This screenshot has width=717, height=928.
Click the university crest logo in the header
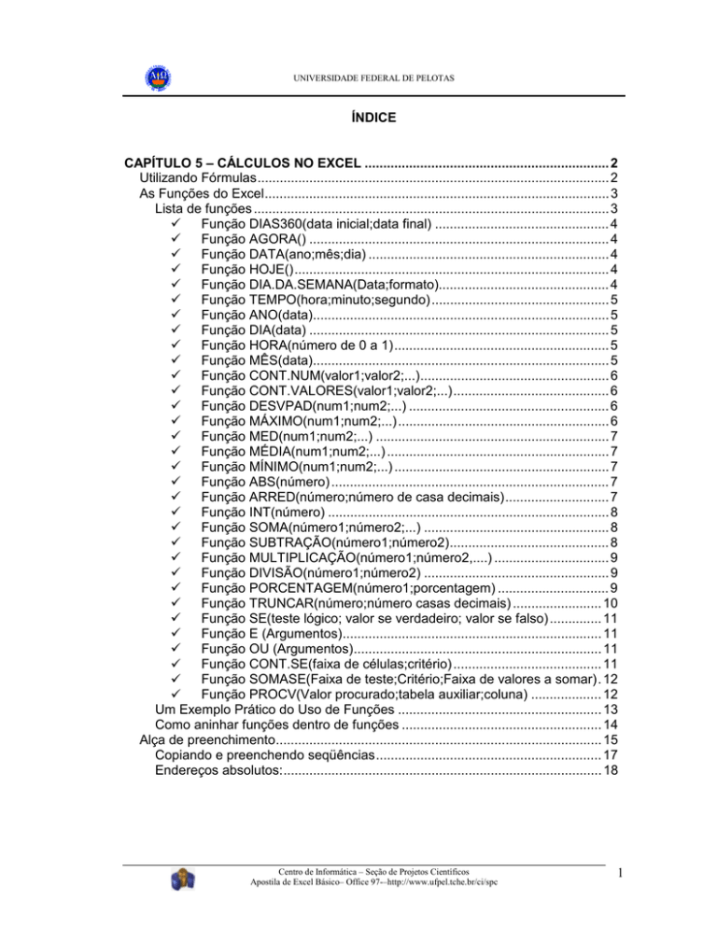click(x=154, y=76)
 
